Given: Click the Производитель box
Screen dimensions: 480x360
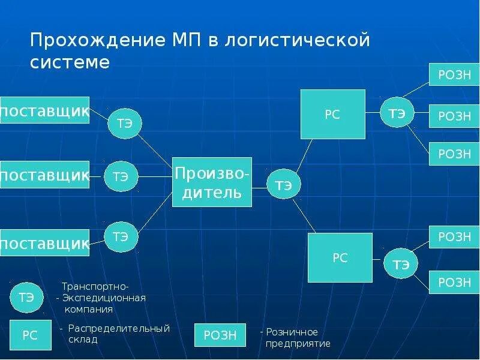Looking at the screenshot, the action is coord(212,182).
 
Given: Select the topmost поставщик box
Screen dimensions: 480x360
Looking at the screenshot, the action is coord(44,110).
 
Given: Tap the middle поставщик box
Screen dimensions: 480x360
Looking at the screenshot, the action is coord(44,175).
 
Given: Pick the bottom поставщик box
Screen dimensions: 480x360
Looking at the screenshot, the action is coord(44,243).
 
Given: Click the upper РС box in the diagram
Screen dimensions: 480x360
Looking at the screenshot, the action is coord(332,115).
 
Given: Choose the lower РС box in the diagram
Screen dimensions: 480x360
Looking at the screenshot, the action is coord(340,258).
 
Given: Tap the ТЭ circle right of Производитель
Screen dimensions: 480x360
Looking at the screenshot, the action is coord(284,185).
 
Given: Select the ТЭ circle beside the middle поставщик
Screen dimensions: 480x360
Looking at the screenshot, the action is coord(121,176).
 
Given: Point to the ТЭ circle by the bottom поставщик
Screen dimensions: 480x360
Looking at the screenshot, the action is coord(121,236).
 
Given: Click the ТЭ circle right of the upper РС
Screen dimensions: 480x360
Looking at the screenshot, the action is coord(397,112).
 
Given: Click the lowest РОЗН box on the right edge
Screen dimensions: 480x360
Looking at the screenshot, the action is coord(454,281).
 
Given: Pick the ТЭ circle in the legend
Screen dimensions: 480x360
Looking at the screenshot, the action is coord(26,296).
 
